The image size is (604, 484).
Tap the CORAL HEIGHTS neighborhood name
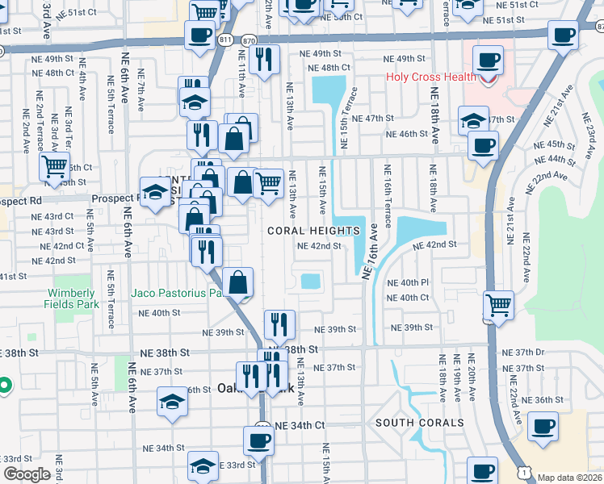pos(314,231)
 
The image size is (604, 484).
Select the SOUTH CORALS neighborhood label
pos(419,423)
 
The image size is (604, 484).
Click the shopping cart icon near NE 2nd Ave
pos(55,167)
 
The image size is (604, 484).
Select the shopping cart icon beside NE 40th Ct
pos(498,306)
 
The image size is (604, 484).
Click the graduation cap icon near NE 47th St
pos(473,120)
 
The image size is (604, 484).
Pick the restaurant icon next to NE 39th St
pos(279,324)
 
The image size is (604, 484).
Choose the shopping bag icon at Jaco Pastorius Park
pos(238,282)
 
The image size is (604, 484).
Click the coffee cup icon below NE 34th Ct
pos(258,440)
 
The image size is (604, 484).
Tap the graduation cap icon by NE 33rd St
pos(203,465)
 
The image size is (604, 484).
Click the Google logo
pos(27,474)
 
